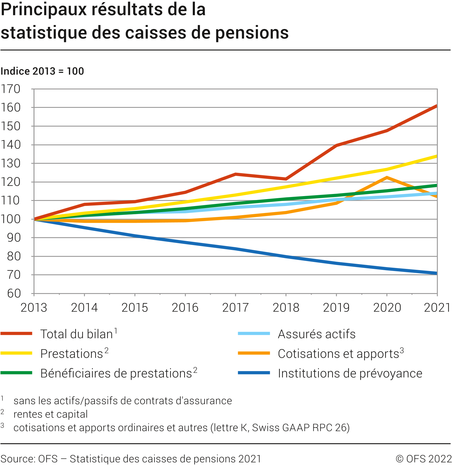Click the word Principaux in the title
pyautogui.click(x=44, y=10)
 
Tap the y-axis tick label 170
pyautogui.click(x=11, y=89)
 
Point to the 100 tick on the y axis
pyautogui.click(x=11, y=219)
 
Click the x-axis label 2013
pyautogui.click(x=34, y=308)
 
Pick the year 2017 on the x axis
pyautogui.click(x=235, y=308)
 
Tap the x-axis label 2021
pyautogui.click(x=437, y=308)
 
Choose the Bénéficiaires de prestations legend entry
pyautogui.click(x=116, y=373)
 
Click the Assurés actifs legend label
pyautogui.click(x=316, y=334)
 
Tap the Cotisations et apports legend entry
pyautogui.click(x=338, y=354)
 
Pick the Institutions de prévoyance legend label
pyautogui.click(x=350, y=373)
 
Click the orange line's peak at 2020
pyautogui.click(x=387, y=178)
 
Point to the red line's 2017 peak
pyautogui.click(x=235, y=174)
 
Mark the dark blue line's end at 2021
pyautogui.click(x=436, y=273)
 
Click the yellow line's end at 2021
pyautogui.click(x=436, y=156)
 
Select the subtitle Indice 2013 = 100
pyautogui.click(x=42, y=71)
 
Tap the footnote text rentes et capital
pyautogui.click(x=50, y=414)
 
